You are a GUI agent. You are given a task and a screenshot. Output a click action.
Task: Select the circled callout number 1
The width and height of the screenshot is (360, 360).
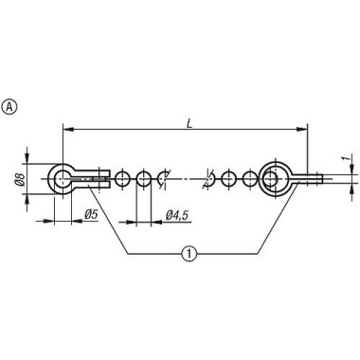(190, 253)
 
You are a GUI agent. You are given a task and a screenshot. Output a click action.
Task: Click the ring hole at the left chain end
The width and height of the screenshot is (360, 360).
(63, 176)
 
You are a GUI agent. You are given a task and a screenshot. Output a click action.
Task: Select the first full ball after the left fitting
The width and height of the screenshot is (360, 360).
(122, 176)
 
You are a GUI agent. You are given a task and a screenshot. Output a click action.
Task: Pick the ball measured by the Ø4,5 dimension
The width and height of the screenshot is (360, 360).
(143, 176)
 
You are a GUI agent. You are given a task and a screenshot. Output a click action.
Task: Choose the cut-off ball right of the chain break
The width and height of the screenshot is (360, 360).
(211, 176)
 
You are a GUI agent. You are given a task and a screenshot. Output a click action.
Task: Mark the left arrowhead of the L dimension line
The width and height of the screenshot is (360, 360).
(67, 126)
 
